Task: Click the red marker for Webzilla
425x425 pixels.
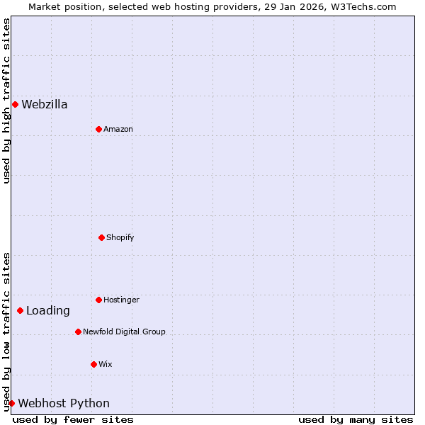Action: coord(15,105)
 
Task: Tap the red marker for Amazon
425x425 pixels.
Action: coord(98,129)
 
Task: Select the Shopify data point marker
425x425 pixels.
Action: coord(101,237)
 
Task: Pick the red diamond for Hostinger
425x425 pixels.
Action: coord(98,300)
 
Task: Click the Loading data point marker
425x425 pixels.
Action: coord(20,310)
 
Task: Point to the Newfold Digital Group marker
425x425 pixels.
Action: coord(78,331)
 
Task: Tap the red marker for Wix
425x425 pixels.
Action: coord(93,364)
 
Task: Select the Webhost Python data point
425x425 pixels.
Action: coord(11,403)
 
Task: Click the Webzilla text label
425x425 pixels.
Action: coord(45,105)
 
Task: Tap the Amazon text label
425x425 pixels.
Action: coord(118,129)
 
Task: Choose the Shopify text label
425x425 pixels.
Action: coord(120,237)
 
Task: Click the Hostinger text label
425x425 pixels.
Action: coord(121,300)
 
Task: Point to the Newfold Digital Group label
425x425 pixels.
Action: coord(124,331)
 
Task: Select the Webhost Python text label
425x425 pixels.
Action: coord(64,403)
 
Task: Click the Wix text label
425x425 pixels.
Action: coord(106,364)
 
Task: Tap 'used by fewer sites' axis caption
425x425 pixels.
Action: coord(73,419)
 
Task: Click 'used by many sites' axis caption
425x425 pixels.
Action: coord(356,419)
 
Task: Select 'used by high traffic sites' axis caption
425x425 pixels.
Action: coord(6,101)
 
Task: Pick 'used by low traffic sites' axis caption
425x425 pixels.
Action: coord(6,331)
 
